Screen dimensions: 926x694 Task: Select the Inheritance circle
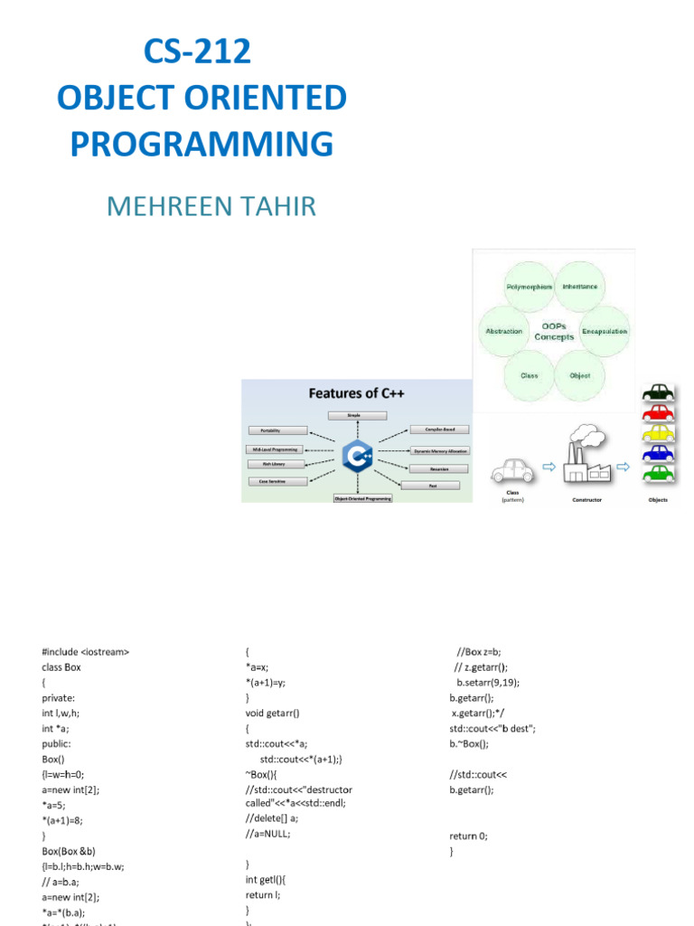(580, 287)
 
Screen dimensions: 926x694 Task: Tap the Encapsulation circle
(604, 331)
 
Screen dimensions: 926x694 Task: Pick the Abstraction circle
(503, 331)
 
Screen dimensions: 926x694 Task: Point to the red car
(658, 412)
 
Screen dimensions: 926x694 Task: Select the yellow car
(658, 432)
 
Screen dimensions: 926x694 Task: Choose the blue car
(658, 452)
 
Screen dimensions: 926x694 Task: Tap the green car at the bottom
(658, 472)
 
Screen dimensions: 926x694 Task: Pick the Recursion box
(438, 468)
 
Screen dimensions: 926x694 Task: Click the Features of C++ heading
(355, 393)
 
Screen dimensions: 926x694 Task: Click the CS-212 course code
(197, 52)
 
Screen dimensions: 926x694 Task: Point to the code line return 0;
(468, 836)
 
